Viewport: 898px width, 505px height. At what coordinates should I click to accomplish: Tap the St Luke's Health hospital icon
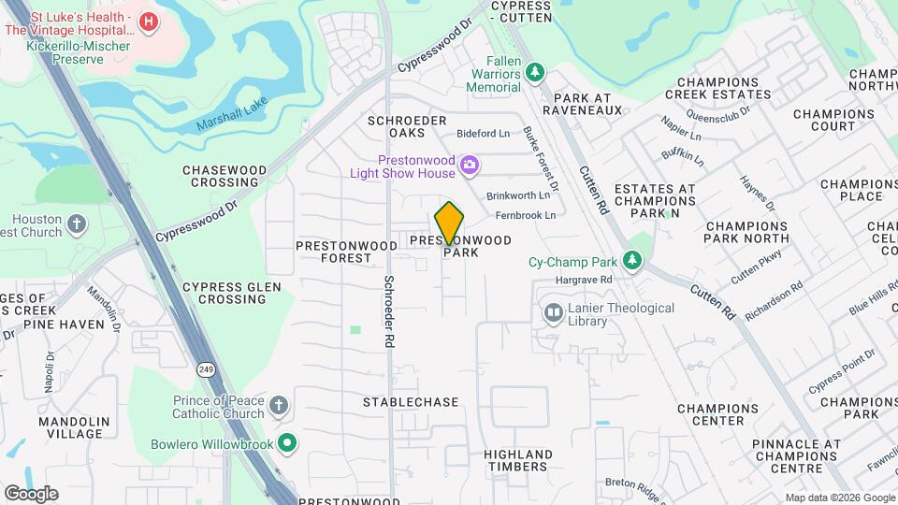148,21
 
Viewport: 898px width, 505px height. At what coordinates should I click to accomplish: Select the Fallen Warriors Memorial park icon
534,72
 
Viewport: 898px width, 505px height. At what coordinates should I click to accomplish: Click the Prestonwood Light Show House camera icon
470,166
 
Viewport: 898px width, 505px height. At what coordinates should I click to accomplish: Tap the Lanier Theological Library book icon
554,311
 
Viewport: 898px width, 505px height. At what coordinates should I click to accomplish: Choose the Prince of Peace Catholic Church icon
278,406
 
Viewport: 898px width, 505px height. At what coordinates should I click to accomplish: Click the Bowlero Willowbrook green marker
288,443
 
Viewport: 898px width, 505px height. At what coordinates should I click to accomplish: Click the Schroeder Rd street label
386,311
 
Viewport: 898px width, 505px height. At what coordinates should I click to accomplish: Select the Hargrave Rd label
583,280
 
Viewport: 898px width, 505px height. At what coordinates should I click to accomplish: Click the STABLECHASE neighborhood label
411,402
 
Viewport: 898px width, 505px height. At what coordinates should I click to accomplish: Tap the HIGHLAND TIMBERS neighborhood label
515,460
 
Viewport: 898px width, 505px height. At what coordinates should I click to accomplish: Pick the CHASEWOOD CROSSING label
224,176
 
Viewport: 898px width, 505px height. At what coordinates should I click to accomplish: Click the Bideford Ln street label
484,134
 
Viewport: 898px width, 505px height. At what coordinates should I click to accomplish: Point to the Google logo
31,494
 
